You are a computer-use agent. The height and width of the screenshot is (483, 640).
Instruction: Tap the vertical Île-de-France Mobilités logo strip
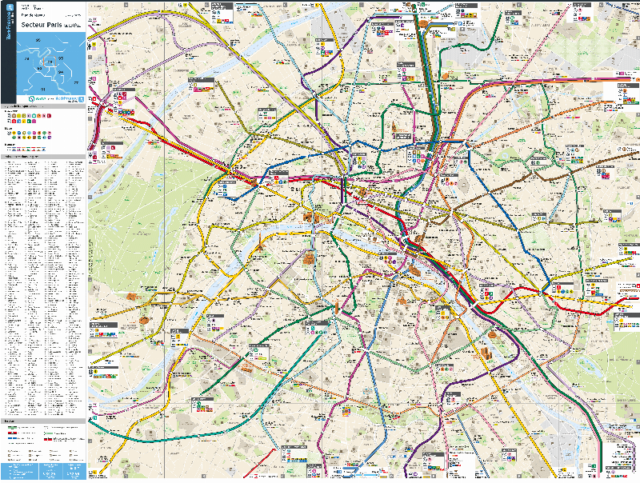point(10,52)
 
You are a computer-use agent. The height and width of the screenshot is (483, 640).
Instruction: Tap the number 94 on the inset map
point(58,70)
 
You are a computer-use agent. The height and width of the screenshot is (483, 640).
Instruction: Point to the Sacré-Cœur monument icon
point(398,128)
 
